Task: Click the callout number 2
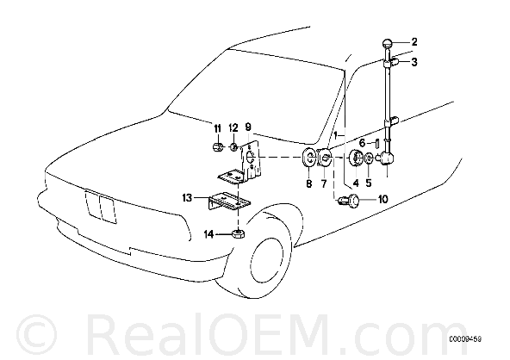414,42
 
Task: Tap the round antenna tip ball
387,43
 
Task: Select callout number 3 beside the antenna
414,62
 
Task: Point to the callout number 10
382,199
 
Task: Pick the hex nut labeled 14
238,233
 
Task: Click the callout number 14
208,233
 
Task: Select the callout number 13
187,198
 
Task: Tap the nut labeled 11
217,148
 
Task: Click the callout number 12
233,127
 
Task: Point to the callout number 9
248,127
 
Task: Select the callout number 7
324,183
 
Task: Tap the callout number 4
356,183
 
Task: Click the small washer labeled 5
369,158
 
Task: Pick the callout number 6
363,143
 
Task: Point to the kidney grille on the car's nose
100,207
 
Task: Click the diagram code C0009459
465,339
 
